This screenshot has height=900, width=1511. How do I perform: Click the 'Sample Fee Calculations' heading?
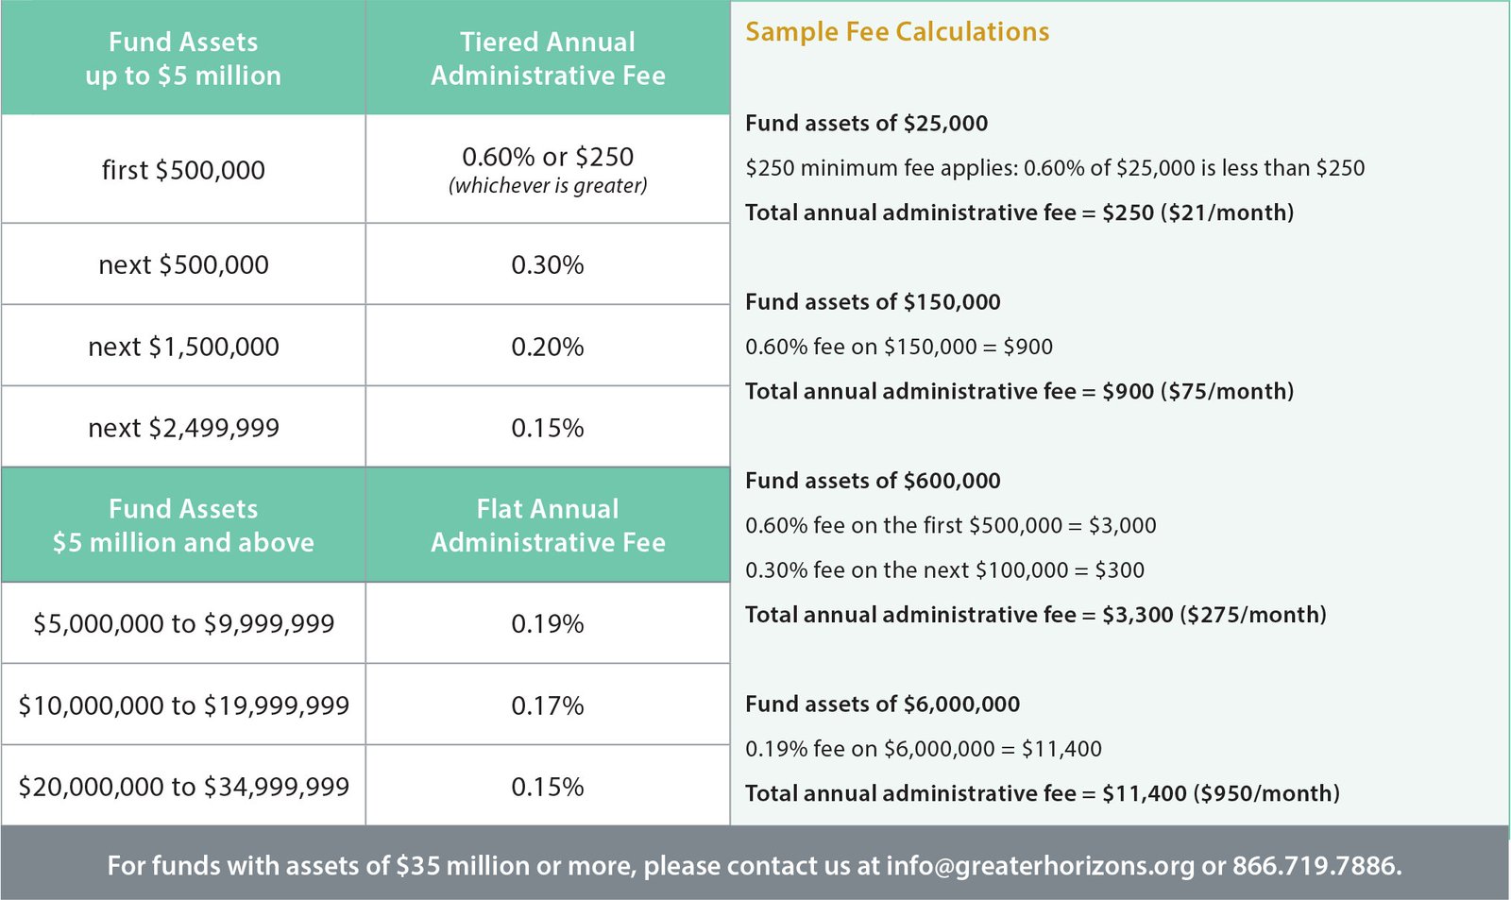pyautogui.click(x=897, y=32)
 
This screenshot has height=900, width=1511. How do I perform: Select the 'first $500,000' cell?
pyautogui.click(x=183, y=170)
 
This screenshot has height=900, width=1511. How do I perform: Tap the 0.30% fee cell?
pyautogui.click(x=548, y=264)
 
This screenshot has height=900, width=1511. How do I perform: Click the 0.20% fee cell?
pyautogui.click(x=548, y=347)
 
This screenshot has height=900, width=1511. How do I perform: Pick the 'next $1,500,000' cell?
pyautogui.click(x=183, y=347)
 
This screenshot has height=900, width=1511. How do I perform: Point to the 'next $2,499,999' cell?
pyautogui.click(x=183, y=428)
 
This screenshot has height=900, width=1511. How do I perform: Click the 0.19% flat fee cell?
pyautogui.click(x=548, y=623)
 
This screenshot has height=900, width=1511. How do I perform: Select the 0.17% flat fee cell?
pyautogui.click(x=548, y=705)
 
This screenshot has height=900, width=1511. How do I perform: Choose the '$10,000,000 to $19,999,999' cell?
pyautogui.click(x=183, y=705)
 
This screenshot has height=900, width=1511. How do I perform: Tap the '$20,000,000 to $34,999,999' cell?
pyautogui.click(x=183, y=787)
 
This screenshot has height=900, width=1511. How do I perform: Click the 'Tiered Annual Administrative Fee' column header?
pyautogui.click(x=548, y=59)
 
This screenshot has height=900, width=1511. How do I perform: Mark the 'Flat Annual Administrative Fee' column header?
pyautogui.click(x=548, y=525)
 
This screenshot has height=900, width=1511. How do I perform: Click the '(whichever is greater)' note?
pyautogui.click(x=548, y=186)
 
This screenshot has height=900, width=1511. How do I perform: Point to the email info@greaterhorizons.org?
pyautogui.click(x=1040, y=866)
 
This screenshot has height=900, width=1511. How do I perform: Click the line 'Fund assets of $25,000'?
pyautogui.click(x=866, y=124)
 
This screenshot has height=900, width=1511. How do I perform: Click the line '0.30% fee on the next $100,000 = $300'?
pyautogui.click(x=944, y=570)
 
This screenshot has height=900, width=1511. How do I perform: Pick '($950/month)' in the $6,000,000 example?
pyautogui.click(x=1266, y=793)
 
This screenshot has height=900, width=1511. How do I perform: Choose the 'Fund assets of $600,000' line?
pyautogui.click(x=873, y=481)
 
